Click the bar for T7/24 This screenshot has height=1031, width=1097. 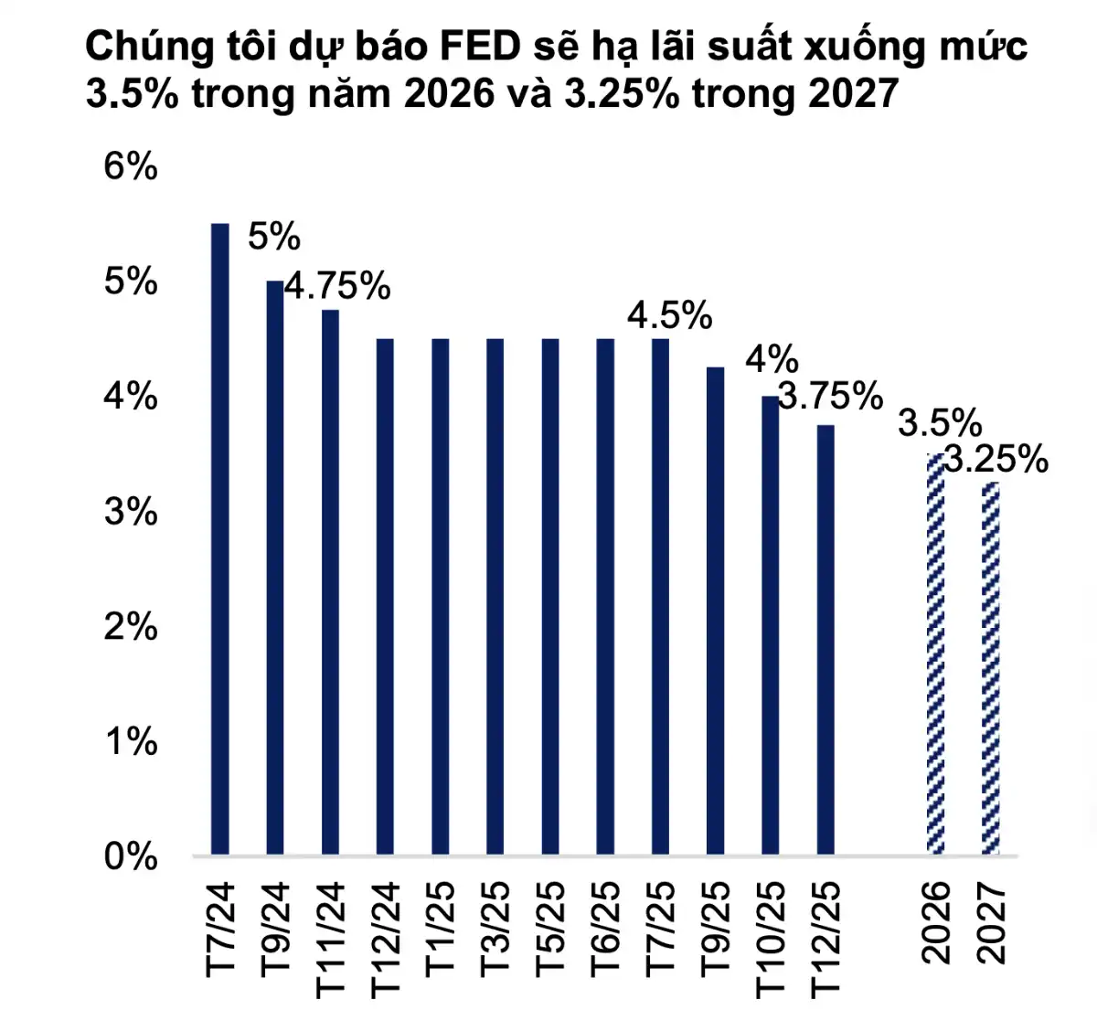click(220, 539)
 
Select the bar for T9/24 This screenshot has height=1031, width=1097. click(275, 567)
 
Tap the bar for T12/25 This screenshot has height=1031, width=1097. click(825, 640)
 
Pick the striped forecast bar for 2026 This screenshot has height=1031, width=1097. click(935, 654)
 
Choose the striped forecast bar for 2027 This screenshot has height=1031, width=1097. click(990, 668)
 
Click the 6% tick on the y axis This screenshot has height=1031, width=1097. click(131, 167)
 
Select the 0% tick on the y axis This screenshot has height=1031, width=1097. click(131, 857)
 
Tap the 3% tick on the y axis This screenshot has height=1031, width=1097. click(131, 512)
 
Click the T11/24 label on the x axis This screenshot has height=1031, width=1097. click(330, 938)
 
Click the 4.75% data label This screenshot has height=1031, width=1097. click(337, 287)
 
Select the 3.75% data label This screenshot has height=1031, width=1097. click(830, 396)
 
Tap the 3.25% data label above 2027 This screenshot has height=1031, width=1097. click(996, 459)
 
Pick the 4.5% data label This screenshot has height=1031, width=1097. click(669, 316)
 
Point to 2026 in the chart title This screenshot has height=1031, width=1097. click(449, 94)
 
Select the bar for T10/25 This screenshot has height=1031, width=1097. click(771, 625)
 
